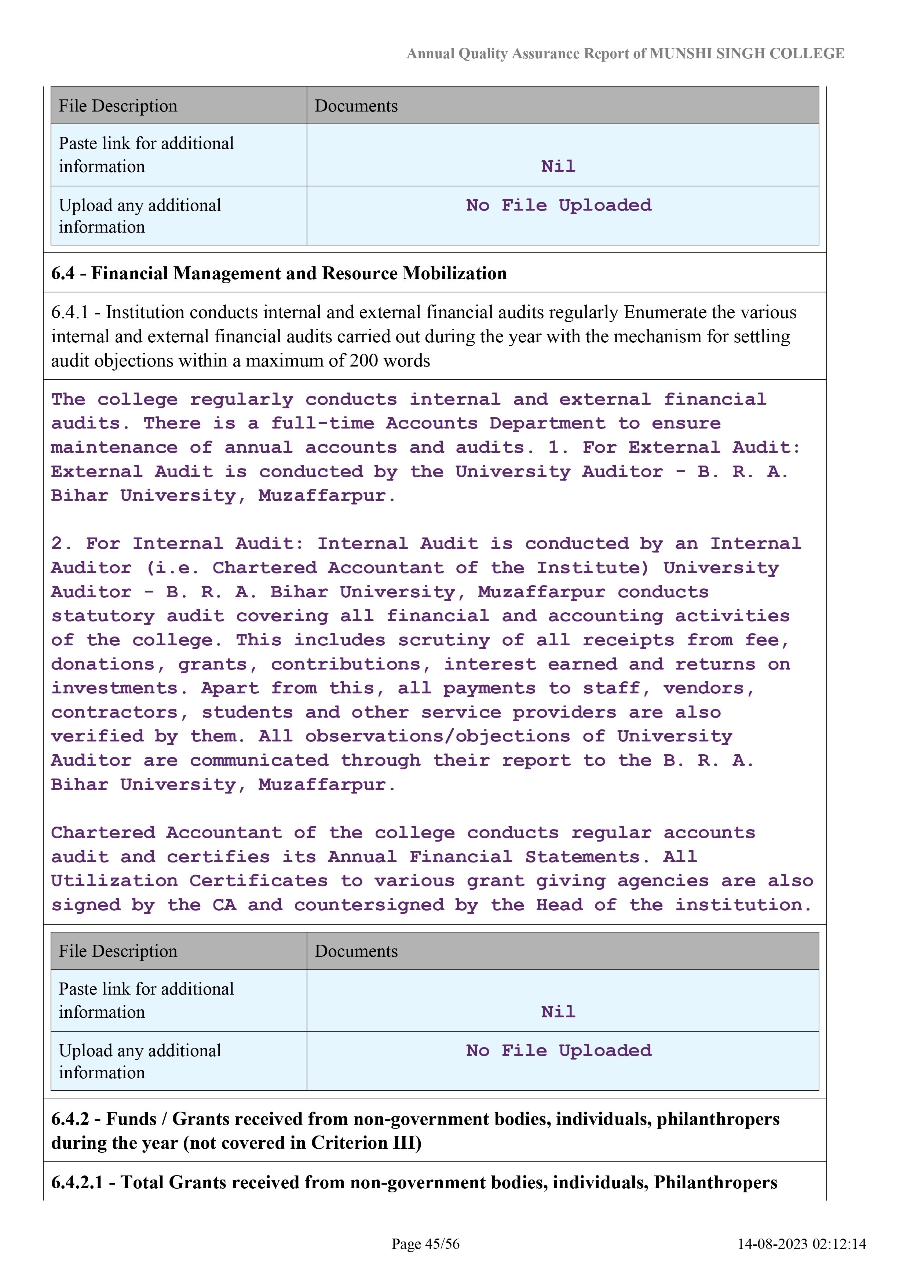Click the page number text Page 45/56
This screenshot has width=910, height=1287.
tap(425, 1244)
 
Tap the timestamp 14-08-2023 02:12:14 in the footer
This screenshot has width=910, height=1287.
tap(801, 1244)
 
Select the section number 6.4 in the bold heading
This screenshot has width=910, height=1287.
tap(63, 274)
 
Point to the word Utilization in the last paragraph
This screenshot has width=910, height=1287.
tap(114, 881)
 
